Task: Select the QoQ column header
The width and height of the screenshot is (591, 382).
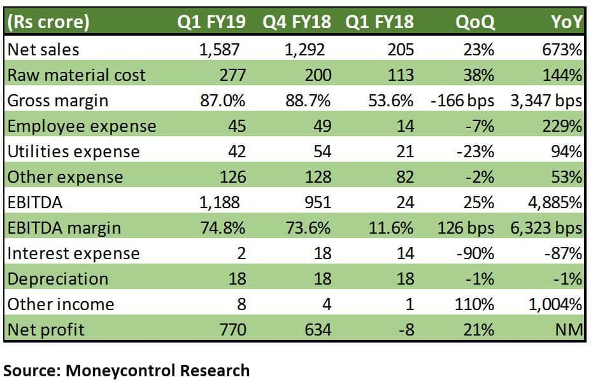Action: click(x=474, y=23)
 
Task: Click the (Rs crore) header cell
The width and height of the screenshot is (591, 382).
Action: click(x=48, y=23)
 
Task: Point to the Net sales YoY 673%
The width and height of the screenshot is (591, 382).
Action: click(x=562, y=50)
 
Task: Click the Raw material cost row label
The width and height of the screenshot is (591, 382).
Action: click(x=76, y=75)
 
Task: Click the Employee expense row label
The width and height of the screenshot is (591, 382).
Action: click(x=82, y=126)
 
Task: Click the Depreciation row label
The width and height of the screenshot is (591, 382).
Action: click(x=58, y=279)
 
